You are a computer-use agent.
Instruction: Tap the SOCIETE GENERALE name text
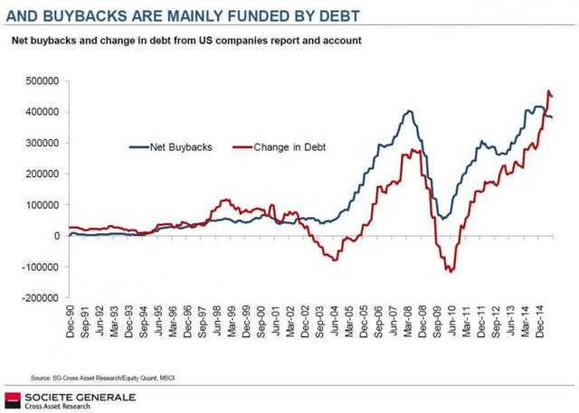point(81,396)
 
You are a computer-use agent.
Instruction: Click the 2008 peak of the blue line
point(410,111)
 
